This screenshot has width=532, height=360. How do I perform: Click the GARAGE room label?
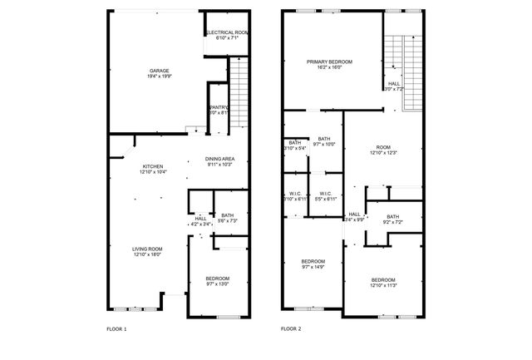point(154,72)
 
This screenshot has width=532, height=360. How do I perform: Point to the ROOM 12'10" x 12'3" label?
point(383,150)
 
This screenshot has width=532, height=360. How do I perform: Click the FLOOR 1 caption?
point(117,329)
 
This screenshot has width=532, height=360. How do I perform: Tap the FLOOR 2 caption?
point(291,329)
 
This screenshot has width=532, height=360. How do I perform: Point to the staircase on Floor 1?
point(239,92)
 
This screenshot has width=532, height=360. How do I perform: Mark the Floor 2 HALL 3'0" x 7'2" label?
point(392,85)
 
